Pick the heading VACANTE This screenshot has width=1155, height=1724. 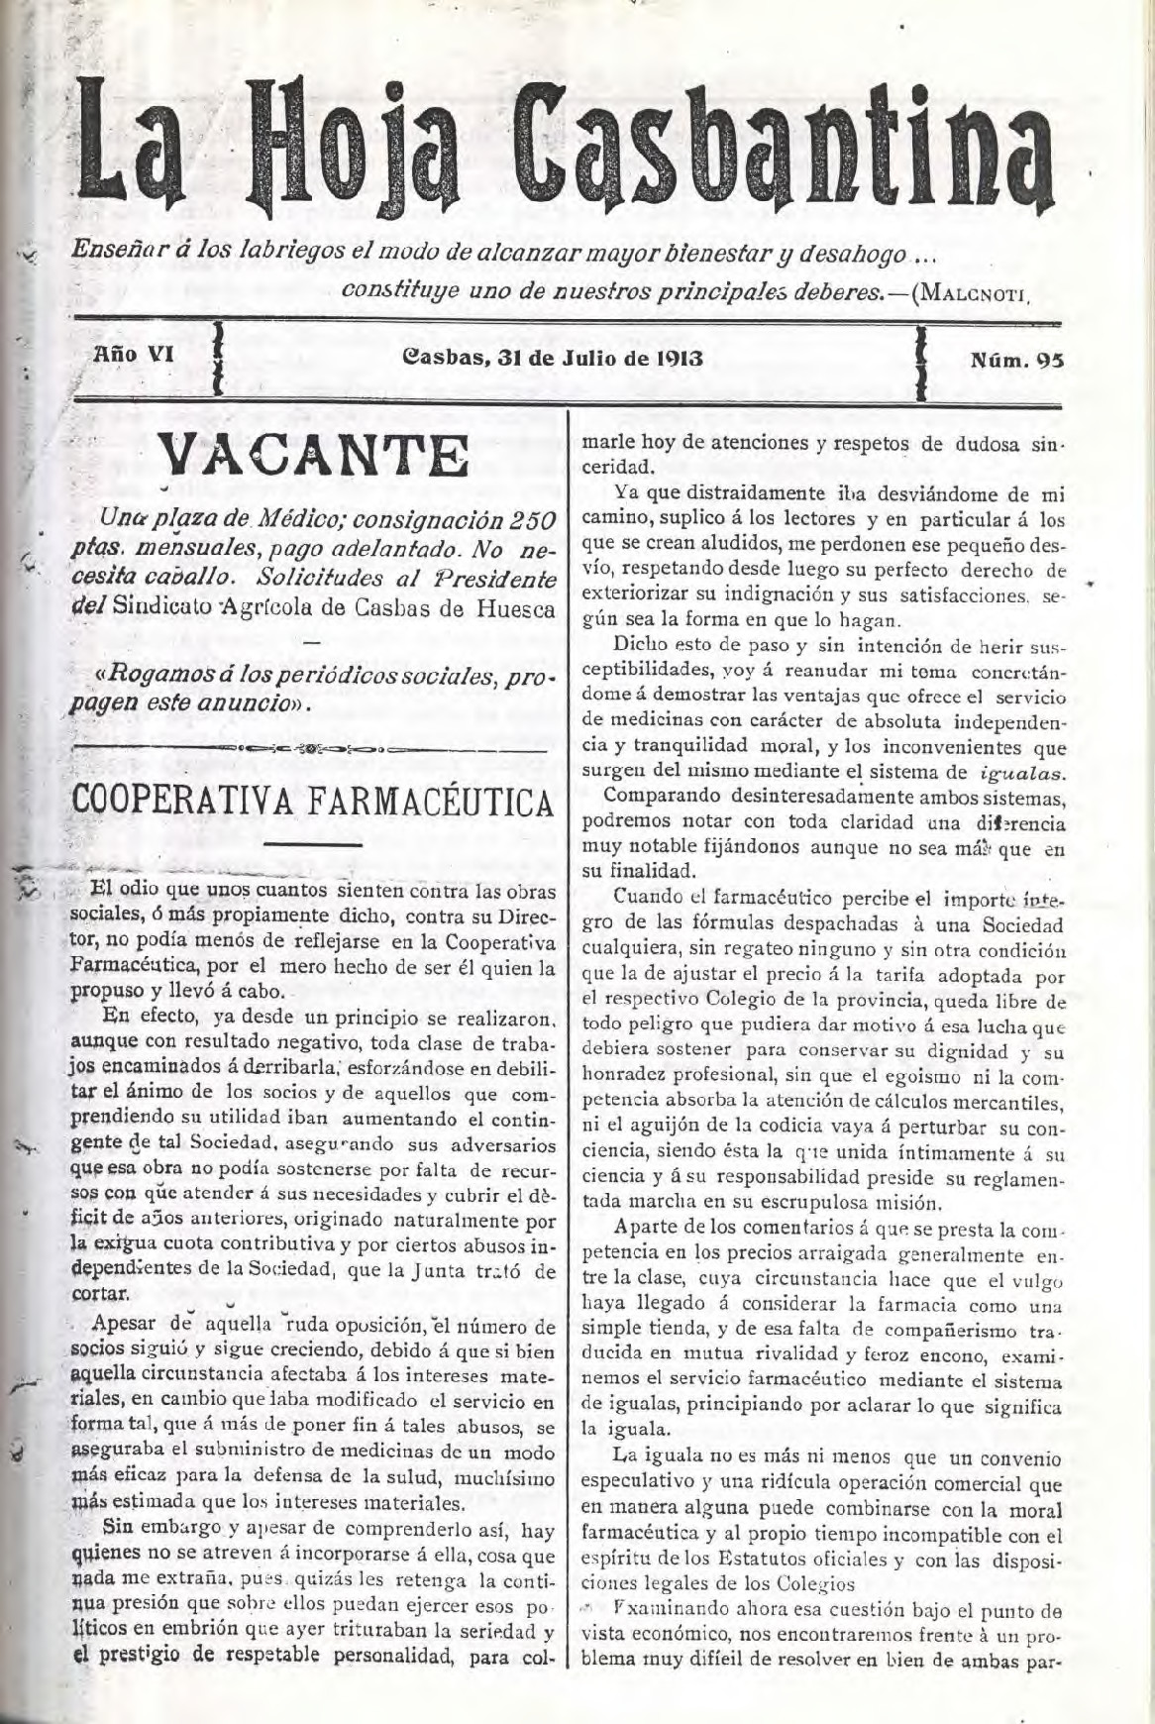click(314, 458)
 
